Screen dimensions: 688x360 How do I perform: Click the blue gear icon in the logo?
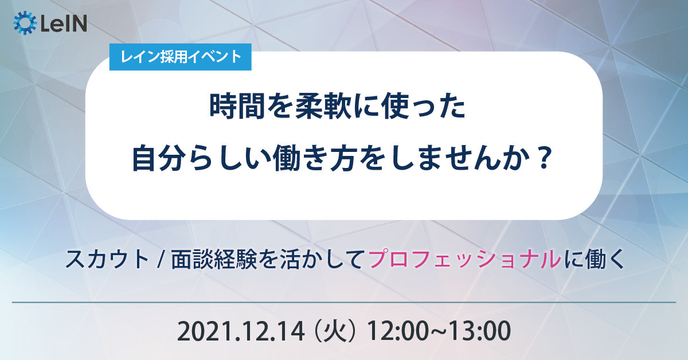click(25, 23)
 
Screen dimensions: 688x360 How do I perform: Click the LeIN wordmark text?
click(64, 24)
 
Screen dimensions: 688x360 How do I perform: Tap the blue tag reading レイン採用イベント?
click(180, 57)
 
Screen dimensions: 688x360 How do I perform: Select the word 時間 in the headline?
click(237, 107)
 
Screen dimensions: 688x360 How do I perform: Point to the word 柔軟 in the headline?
click(323, 107)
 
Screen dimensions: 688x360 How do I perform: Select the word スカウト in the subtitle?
click(107, 259)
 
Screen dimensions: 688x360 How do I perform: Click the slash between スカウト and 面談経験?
click(160, 260)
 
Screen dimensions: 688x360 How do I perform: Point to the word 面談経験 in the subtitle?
click(214, 259)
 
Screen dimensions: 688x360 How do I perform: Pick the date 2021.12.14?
click(241, 331)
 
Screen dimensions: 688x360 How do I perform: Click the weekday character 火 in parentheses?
click(337, 331)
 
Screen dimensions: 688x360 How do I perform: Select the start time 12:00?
click(397, 331)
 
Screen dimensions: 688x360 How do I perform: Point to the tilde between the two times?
click(439, 332)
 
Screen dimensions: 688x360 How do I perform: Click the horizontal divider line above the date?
click(344, 303)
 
